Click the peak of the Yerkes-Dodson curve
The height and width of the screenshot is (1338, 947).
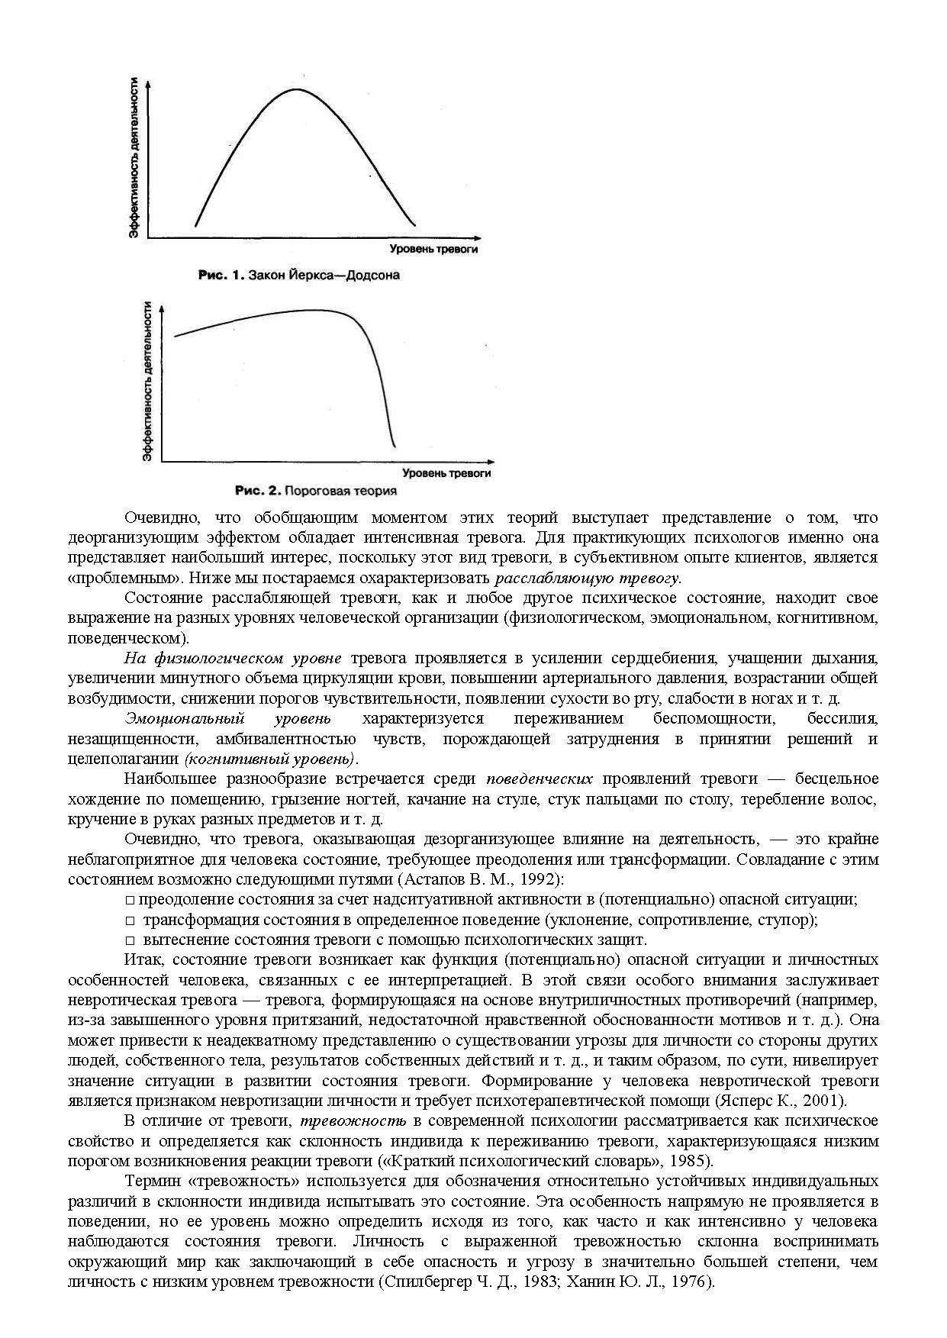pyautogui.click(x=296, y=89)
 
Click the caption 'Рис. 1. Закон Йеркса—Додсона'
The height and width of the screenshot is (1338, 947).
pyautogui.click(x=298, y=275)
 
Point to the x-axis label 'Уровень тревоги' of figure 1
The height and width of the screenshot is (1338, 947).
pyautogui.click(x=433, y=250)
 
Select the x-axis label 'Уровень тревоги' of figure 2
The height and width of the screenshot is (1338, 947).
pyautogui.click(x=446, y=473)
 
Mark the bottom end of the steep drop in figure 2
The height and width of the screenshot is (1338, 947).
pyautogui.click(x=395, y=447)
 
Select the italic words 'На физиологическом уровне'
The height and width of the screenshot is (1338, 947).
pyautogui.click(x=233, y=658)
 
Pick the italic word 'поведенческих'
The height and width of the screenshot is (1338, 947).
pyautogui.click(x=540, y=779)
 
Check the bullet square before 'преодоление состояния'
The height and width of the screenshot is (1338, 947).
pyautogui.click(x=130, y=900)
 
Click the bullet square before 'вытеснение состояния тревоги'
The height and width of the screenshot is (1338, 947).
pyautogui.click(x=130, y=940)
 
